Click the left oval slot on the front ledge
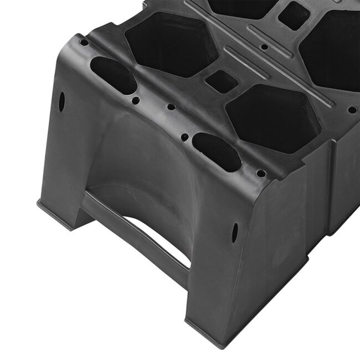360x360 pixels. [x=113, y=75]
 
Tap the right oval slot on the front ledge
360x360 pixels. [x=217, y=151]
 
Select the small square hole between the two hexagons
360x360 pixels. [x=222, y=82]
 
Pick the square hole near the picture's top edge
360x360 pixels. [x=293, y=16]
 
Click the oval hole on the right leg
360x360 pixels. [x=235, y=232]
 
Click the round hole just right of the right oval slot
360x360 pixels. [x=260, y=173]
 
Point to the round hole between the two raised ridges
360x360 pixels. [x=265, y=47]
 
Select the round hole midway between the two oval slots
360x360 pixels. [x=171, y=107]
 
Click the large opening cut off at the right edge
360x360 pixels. [x=332, y=50]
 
